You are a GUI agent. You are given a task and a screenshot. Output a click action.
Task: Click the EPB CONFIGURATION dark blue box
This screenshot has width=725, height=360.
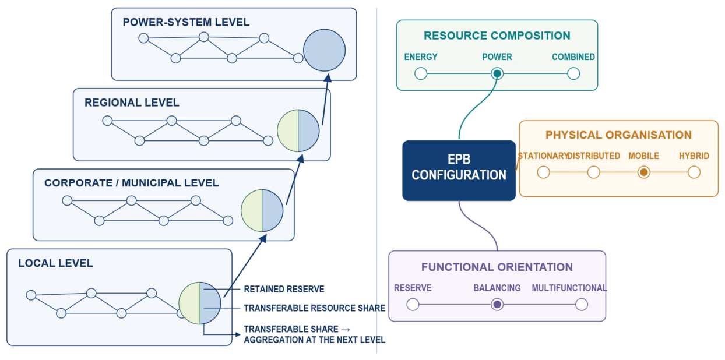pos(459,171)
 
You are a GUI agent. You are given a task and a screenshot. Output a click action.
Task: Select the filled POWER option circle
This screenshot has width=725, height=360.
pos(497,74)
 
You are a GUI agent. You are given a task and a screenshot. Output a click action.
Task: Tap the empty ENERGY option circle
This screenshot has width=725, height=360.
pos(421,73)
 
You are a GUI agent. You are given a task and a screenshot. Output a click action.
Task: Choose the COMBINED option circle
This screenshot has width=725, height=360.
pos(573,73)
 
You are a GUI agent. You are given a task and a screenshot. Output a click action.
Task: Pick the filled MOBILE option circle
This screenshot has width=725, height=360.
pos(644,172)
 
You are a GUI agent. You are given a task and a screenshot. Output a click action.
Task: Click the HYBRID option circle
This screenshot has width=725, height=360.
pos(694,172)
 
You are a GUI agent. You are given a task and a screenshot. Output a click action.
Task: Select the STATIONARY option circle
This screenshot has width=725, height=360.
pos(543,172)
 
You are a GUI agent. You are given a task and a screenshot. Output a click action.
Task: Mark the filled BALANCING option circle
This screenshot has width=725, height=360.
pos(497,304)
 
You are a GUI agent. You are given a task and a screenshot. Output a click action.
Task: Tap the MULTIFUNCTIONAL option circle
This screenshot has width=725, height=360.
pos(582,304)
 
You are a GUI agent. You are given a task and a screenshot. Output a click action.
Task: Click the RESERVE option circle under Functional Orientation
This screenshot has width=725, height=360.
pos(413,304)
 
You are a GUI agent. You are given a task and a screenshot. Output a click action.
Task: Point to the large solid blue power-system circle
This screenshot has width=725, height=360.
pos(324,50)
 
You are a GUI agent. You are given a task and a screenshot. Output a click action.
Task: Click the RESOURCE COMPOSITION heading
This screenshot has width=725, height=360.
pos(497,36)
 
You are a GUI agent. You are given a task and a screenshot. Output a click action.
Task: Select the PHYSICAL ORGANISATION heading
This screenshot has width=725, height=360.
pos(618,135)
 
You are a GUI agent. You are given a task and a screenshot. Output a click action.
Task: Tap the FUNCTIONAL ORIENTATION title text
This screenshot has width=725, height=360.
pos(497,267)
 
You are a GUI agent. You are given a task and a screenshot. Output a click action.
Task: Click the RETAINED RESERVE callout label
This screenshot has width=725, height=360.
pos(284,289)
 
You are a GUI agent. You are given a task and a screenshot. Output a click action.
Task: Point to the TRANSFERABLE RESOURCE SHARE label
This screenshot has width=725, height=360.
pos(315,308)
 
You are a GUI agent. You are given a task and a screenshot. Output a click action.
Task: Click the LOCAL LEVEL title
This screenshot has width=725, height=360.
pos(56,263)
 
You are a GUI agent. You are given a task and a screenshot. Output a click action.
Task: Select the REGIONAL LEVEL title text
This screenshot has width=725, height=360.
pos(132,103)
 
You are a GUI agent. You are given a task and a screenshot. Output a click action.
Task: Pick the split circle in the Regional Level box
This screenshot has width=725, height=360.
pos(298,130)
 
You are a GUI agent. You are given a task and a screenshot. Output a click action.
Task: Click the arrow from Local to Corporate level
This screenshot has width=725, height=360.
pos(245,266)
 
